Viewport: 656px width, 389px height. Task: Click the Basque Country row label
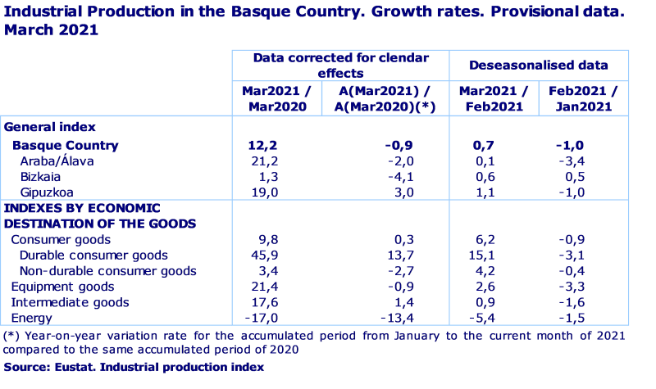65,145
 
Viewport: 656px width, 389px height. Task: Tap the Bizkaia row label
40,176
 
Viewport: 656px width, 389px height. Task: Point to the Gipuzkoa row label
45,192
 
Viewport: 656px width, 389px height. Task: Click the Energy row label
31,318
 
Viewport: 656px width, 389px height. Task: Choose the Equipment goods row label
61,287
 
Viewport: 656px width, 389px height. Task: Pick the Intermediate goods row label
70,302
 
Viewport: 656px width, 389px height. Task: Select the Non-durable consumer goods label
107,271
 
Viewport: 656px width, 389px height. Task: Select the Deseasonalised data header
539,65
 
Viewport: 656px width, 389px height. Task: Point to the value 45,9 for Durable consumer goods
268,256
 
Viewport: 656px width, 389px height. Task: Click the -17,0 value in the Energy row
265,318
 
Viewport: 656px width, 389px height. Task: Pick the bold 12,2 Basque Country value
267,145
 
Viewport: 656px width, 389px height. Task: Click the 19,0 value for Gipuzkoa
268,192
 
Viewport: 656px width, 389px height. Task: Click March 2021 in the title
51,30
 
